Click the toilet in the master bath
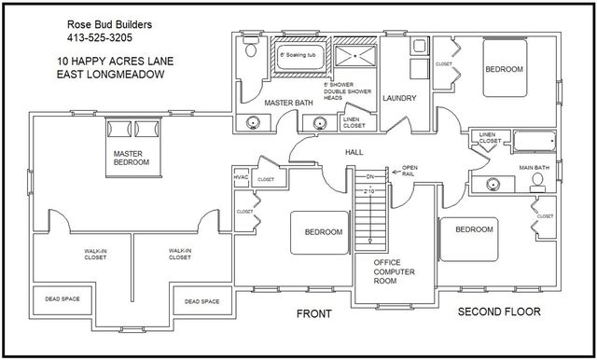247,55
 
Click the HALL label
354,151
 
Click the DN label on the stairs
370,175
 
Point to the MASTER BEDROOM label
132,158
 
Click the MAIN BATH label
535,169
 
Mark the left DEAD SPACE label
62,299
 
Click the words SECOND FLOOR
500,312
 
